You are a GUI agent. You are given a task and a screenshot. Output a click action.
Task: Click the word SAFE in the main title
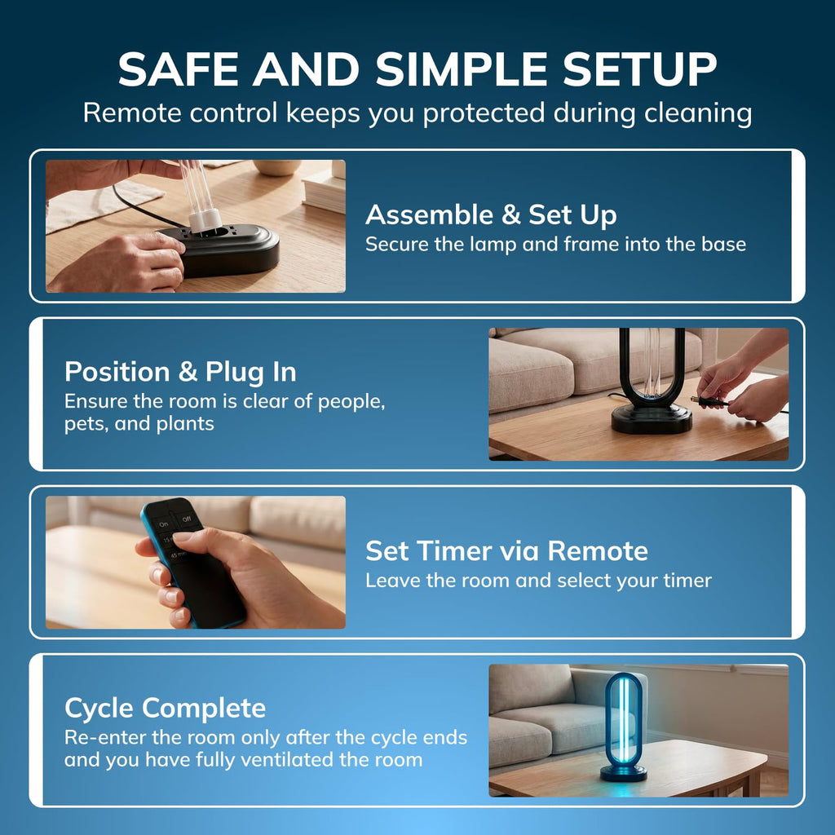(x=178, y=69)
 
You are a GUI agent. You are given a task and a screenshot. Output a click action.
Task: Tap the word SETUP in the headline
(x=639, y=69)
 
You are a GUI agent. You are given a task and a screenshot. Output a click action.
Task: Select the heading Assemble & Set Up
(x=491, y=215)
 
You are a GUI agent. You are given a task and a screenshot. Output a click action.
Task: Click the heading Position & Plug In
(x=180, y=372)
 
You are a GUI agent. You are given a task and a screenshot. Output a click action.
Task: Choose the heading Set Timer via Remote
(x=506, y=550)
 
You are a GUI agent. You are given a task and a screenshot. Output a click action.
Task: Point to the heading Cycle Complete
(x=165, y=709)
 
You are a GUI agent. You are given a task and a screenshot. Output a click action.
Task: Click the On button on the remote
(x=163, y=524)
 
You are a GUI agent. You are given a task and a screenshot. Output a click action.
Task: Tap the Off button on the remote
(x=187, y=519)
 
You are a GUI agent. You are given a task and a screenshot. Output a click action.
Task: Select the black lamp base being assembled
(x=223, y=250)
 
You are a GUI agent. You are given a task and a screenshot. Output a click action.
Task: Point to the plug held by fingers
(x=709, y=400)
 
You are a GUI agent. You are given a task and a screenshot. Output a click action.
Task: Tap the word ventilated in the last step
(x=288, y=759)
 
